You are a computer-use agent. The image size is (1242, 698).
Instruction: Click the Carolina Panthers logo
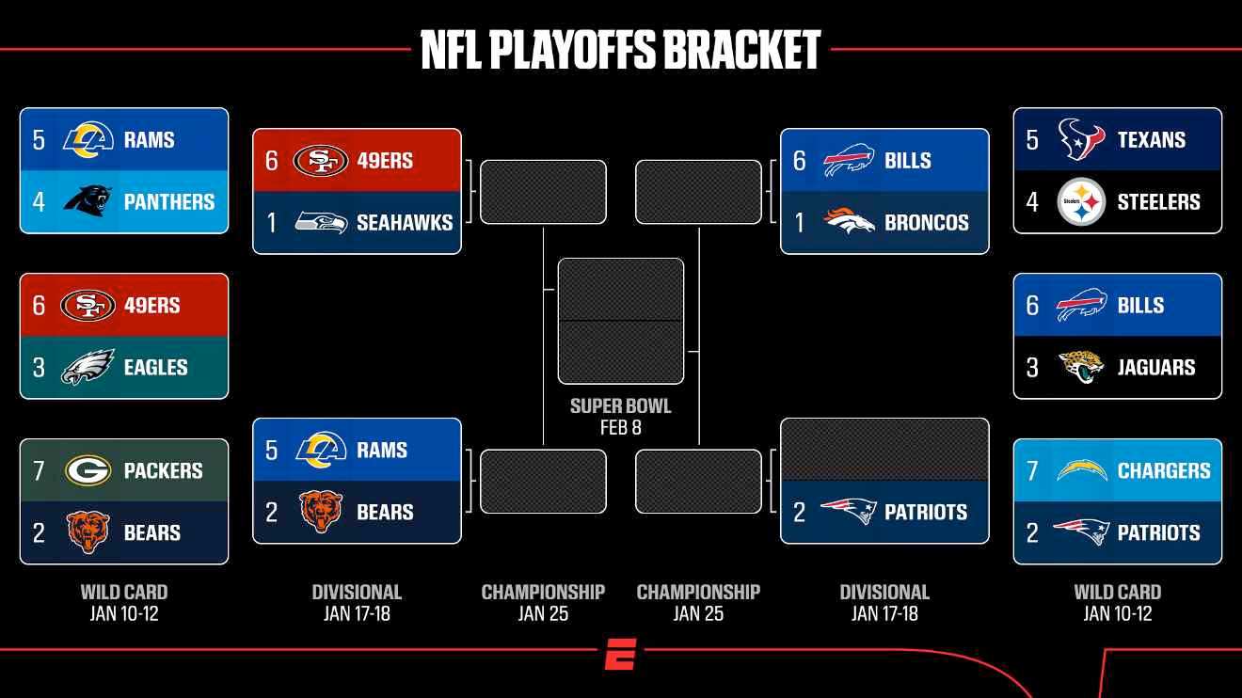(88, 201)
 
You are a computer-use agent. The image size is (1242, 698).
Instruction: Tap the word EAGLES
(156, 367)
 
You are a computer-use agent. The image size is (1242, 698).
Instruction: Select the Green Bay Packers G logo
(88, 470)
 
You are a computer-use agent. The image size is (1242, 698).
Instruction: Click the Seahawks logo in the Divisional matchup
(321, 222)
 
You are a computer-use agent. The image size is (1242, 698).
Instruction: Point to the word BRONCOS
(927, 222)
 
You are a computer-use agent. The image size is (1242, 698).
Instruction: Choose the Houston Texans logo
(1081, 139)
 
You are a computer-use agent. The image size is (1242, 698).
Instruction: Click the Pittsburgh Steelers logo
(1081, 201)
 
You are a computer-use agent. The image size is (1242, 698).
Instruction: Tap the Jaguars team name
(1156, 367)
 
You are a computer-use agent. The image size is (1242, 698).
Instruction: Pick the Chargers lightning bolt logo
(1082, 470)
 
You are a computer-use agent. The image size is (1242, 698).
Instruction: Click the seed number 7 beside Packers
(39, 470)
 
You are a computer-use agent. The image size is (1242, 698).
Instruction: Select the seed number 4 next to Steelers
(1032, 202)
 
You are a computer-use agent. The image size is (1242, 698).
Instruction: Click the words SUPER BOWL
(620, 405)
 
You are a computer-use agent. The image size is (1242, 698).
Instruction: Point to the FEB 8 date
(620, 427)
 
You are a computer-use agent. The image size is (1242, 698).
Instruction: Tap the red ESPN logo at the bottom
(620, 654)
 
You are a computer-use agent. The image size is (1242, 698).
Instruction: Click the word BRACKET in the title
(741, 50)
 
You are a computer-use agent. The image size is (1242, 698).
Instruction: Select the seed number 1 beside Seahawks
(271, 223)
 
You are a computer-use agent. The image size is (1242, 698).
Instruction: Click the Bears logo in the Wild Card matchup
(88, 532)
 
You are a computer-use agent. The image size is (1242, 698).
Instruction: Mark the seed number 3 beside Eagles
(39, 368)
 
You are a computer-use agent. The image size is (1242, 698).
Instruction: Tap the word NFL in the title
(452, 50)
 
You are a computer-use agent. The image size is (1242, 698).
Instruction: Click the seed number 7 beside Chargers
(1032, 470)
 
